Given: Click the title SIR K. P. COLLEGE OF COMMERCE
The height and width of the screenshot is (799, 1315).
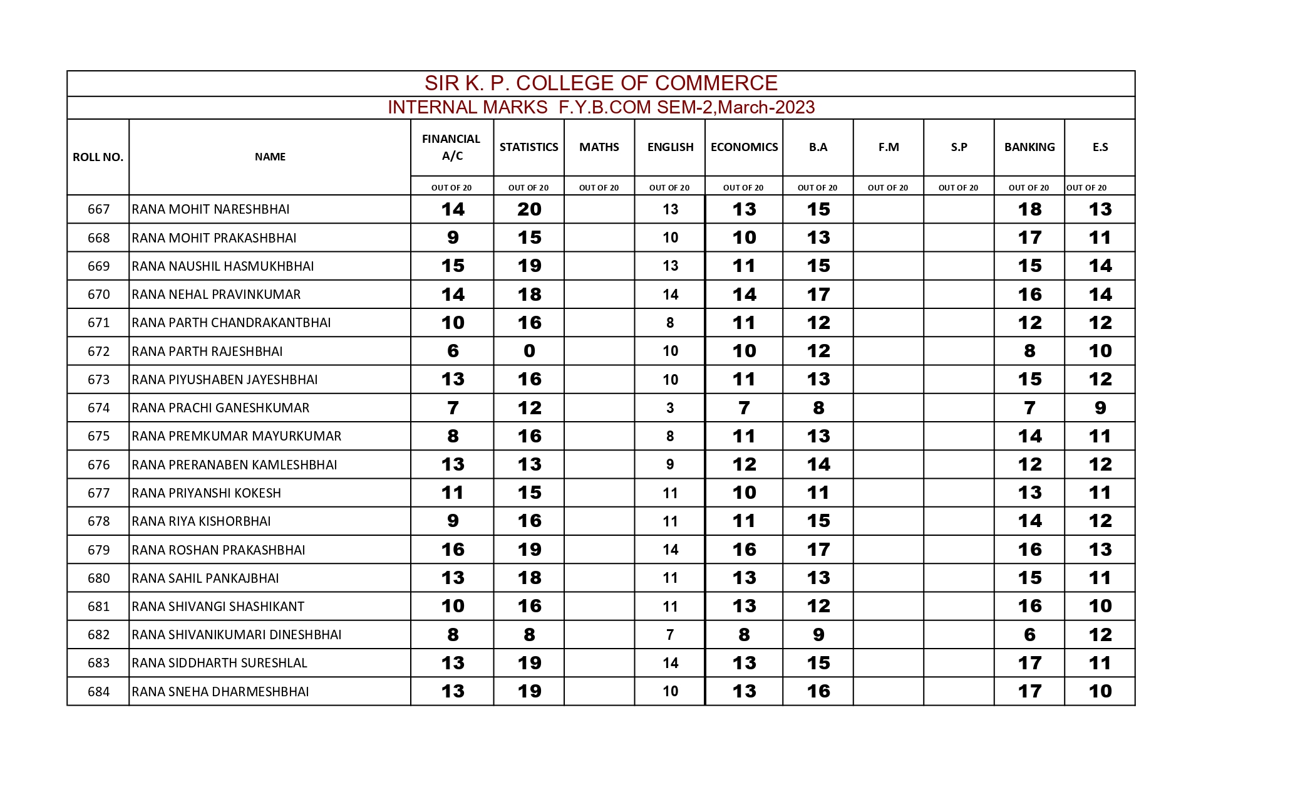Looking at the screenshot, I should click(x=601, y=83).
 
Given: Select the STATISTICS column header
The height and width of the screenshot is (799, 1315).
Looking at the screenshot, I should click(x=529, y=147).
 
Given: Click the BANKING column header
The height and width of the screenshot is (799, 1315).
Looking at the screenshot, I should click(x=1029, y=147).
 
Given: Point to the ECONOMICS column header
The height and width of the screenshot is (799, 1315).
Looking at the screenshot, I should click(x=744, y=147).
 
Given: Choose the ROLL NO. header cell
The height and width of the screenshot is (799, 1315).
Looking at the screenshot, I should click(x=98, y=157).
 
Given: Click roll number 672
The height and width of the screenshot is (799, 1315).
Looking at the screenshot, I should click(x=98, y=352).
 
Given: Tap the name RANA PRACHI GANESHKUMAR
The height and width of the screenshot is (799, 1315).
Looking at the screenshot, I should click(x=220, y=408).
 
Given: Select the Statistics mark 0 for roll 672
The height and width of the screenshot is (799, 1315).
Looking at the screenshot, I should click(x=529, y=351).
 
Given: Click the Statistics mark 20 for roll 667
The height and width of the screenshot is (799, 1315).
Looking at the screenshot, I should click(x=529, y=209).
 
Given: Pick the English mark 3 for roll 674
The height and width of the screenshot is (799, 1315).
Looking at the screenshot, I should click(x=670, y=408).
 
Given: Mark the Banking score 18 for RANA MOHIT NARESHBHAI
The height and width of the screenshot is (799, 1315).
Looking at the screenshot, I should click(x=1029, y=209).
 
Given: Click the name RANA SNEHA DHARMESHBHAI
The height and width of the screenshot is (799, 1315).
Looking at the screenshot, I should click(x=220, y=692).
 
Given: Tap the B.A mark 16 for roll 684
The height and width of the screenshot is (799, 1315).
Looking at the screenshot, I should click(x=818, y=691).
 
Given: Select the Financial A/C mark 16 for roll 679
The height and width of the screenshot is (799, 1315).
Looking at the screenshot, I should click(x=453, y=550).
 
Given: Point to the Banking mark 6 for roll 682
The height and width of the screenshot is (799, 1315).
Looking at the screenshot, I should click(x=1029, y=635).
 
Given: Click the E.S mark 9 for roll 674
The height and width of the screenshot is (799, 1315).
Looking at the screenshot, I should click(x=1100, y=408).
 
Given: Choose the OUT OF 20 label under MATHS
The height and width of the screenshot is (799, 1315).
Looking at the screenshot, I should click(x=599, y=187).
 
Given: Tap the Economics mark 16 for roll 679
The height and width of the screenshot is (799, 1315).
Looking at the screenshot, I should click(x=744, y=550).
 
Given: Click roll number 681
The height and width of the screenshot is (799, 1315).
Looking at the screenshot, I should click(x=98, y=607).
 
